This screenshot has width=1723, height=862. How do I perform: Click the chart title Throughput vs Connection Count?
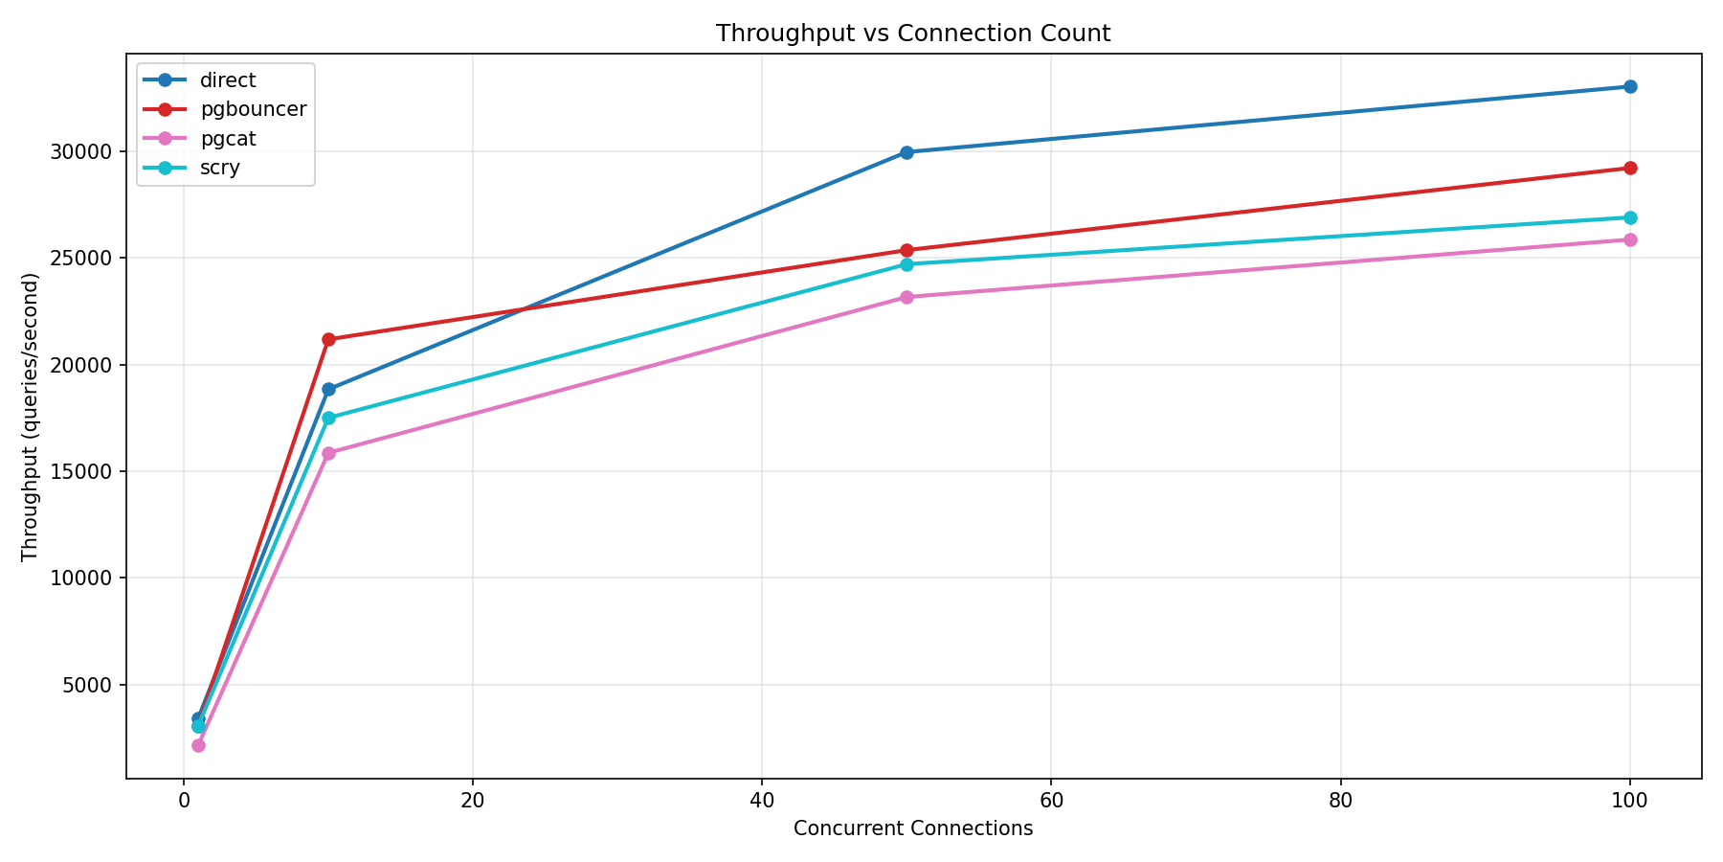(x=912, y=34)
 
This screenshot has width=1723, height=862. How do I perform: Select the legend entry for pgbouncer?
(x=253, y=109)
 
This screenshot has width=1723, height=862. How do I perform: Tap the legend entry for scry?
(x=220, y=169)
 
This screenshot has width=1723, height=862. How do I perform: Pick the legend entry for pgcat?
(x=228, y=139)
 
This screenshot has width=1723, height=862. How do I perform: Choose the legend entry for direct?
(x=228, y=80)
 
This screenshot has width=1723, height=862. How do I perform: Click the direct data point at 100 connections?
(x=1629, y=86)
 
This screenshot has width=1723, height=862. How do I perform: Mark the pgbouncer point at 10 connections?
(x=328, y=339)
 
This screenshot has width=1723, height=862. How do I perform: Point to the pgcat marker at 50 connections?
(x=906, y=297)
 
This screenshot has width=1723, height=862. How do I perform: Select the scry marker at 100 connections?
(x=1629, y=217)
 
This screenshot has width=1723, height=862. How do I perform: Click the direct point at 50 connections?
(x=906, y=152)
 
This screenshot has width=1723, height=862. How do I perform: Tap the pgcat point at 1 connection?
(x=198, y=745)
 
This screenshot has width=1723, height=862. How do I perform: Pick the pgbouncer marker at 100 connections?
(x=1629, y=168)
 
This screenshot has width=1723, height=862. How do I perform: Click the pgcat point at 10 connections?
(x=328, y=453)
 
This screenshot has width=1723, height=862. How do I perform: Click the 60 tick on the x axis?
(x=1050, y=801)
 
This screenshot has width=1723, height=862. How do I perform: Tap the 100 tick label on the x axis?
(x=1629, y=801)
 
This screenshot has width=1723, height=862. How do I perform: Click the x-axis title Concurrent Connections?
(x=912, y=829)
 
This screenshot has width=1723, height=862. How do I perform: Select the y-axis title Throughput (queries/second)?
(x=30, y=417)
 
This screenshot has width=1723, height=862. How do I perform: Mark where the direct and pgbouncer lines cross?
(x=523, y=309)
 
